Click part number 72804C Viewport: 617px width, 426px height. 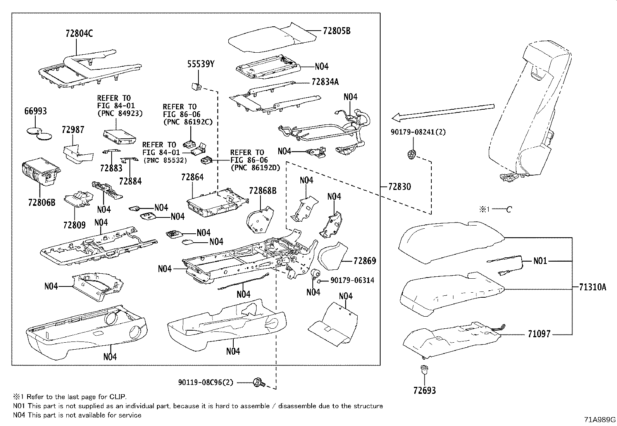(79, 34)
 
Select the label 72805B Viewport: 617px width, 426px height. (336, 31)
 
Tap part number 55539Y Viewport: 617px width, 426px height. (201, 64)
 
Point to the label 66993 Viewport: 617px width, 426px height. (36, 111)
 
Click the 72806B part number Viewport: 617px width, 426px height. (42, 202)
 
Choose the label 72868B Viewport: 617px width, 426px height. (263, 191)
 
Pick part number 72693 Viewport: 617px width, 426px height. (424, 390)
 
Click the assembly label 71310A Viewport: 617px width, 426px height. (593, 287)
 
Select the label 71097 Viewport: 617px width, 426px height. (539, 334)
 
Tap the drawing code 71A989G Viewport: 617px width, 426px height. (600, 419)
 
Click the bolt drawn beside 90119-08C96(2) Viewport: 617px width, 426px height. (258, 383)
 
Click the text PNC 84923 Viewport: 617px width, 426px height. (120, 114)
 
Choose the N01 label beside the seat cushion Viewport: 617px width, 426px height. (540, 261)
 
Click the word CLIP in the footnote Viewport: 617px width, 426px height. (117, 397)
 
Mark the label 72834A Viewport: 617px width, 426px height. (325, 82)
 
